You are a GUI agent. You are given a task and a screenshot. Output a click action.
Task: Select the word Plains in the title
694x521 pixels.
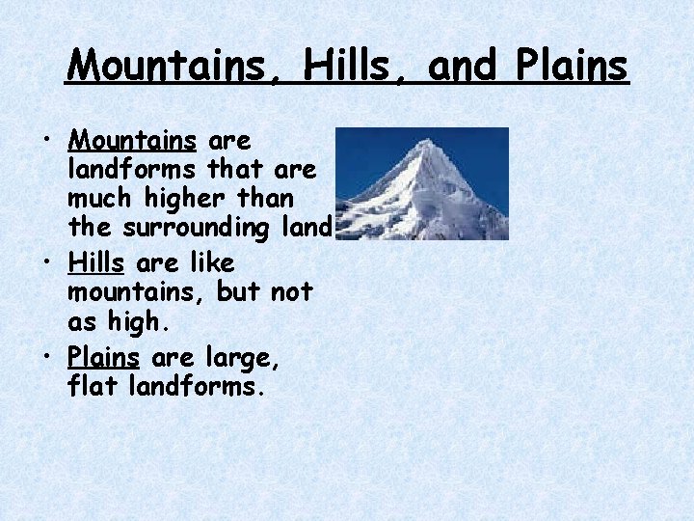572,66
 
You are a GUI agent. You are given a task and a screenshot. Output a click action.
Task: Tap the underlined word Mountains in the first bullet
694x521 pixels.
133,141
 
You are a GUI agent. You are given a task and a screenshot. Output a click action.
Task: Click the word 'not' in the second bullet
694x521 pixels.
291,292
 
